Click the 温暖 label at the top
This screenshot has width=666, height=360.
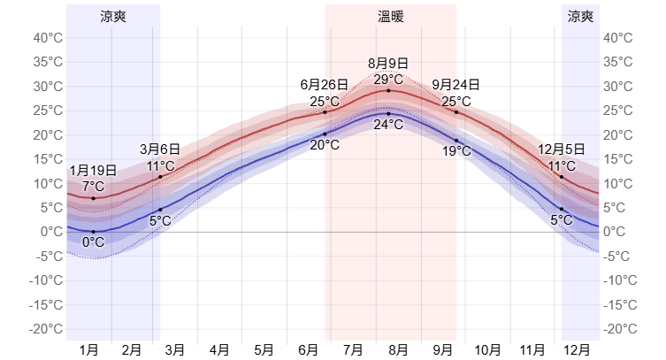click(390, 16)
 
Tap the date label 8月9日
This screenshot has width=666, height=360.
click(388, 63)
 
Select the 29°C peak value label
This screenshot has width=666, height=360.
click(388, 79)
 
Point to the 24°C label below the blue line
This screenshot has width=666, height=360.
click(388, 125)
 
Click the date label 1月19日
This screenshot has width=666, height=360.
click(93, 171)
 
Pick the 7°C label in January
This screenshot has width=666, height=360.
click(93, 187)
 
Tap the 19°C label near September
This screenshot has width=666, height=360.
click(456, 151)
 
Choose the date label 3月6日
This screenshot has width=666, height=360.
click(160, 149)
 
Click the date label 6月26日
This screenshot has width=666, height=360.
click(325, 85)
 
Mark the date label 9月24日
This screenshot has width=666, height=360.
click(456, 85)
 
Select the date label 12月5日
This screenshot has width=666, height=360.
click(561, 149)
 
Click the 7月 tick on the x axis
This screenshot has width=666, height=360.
click(354, 350)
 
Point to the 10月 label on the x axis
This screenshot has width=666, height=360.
click(487, 350)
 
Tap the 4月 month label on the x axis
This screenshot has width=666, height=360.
click(219, 350)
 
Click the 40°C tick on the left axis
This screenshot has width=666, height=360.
click(47, 38)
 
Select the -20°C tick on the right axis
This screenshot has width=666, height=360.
click(619, 329)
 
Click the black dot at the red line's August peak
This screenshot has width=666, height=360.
click(388, 90)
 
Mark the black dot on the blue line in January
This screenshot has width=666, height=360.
click(93, 232)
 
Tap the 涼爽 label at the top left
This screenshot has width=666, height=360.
click(113, 16)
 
